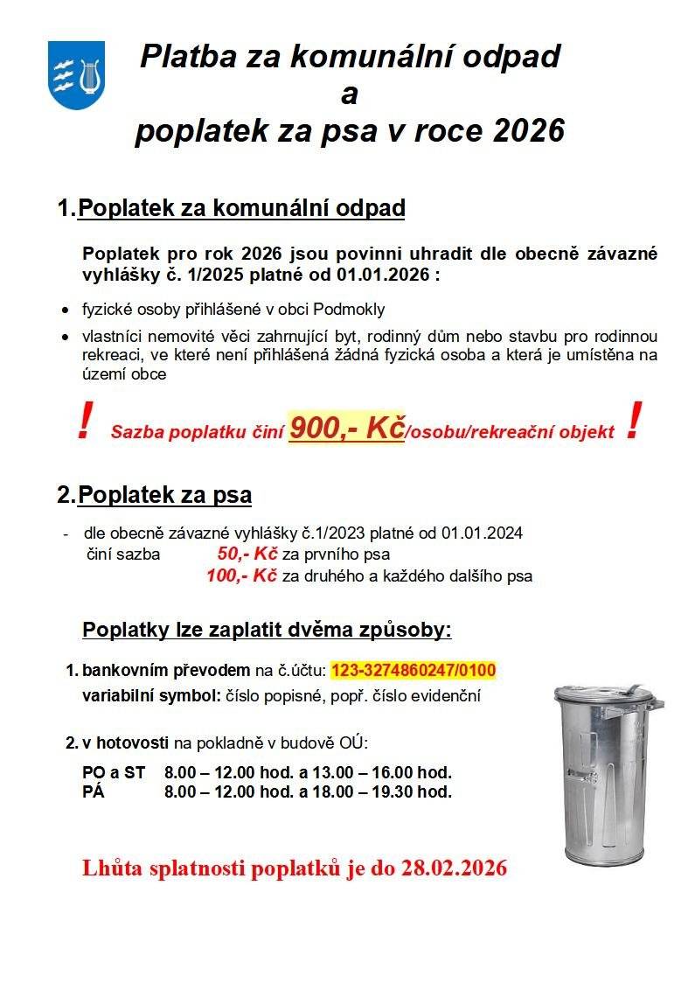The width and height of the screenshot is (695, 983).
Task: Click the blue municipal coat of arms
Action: tap(77, 75)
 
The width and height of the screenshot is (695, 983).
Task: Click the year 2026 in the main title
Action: tap(528, 130)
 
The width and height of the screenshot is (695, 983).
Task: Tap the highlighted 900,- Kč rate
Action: tap(346, 429)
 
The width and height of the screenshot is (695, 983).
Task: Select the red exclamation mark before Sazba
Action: tap(84, 423)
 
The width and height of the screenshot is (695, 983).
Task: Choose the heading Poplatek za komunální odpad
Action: tap(241, 209)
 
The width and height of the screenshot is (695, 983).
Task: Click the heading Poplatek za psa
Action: tap(164, 495)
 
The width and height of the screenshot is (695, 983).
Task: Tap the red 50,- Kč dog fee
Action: tap(247, 554)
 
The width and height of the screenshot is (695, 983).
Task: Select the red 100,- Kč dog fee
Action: tap(241, 575)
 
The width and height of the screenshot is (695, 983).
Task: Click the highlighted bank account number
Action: tap(414, 671)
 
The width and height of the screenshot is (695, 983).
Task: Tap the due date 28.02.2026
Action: tap(455, 868)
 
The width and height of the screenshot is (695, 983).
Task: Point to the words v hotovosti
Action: tap(126, 743)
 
